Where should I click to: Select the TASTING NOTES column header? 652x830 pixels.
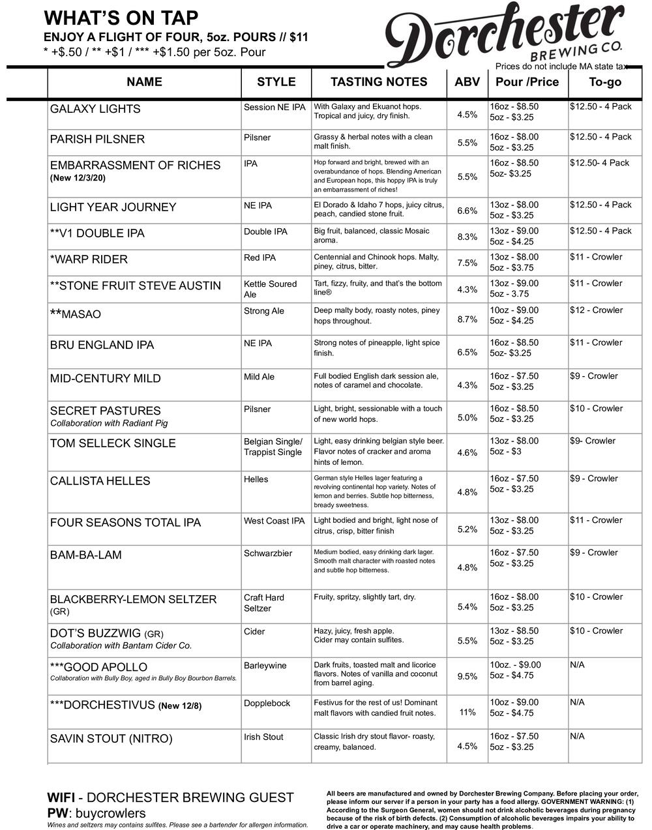[379, 82]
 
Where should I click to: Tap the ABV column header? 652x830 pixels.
[467, 82]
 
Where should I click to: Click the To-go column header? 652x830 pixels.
[605, 82]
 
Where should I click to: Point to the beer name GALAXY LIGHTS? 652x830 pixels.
[95, 109]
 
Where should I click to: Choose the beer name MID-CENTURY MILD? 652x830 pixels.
[105, 379]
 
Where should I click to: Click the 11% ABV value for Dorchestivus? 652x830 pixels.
[467, 712]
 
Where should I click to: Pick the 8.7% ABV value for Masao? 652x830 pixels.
[467, 319]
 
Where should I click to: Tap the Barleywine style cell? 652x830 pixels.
[265, 666]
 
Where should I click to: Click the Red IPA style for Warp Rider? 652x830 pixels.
[259, 258]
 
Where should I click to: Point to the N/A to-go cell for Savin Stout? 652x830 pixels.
[577, 736]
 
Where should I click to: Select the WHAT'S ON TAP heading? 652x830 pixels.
[121, 18]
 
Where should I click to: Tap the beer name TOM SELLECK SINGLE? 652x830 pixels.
[113, 443]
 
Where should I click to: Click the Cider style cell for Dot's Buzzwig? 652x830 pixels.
[255, 632]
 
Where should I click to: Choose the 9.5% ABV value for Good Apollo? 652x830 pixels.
[467, 676]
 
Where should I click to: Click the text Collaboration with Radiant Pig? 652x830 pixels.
[109, 423]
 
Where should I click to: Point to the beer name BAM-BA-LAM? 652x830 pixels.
[86, 556]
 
